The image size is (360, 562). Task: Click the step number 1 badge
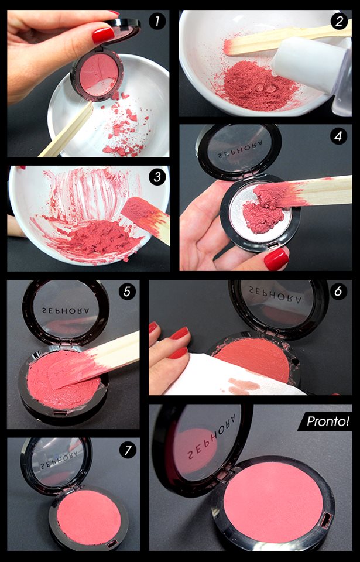[157, 22]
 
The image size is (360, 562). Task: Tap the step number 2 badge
[339, 22]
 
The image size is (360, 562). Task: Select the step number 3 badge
[157, 177]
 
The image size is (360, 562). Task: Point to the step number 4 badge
[338, 136]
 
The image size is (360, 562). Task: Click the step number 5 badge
[127, 292]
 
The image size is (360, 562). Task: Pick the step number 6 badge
[338, 292]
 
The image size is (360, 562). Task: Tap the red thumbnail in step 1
[103, 35]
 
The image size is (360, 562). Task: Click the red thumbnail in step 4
[276, 259]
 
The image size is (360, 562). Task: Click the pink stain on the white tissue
[244, 386]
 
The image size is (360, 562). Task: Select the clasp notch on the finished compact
[325, 520]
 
